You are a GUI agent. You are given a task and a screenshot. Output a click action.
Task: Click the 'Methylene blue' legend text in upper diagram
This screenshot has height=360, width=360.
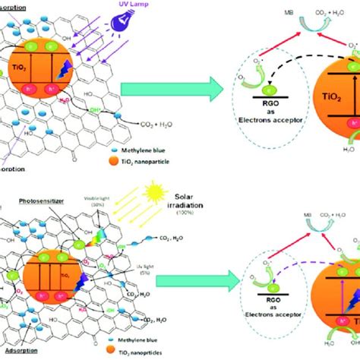click(x=150, y=139)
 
